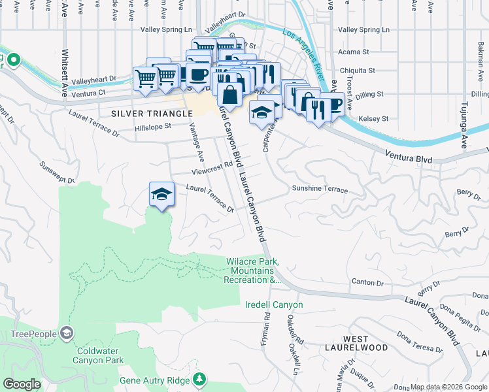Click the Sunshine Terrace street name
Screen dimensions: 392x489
click(320, 189)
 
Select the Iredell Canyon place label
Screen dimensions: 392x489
click(274, 304)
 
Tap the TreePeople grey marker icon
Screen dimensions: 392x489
click(66, 334)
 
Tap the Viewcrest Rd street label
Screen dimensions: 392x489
click(212, 172)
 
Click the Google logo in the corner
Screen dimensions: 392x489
click(22, 384)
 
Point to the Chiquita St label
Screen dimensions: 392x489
click(356, 71)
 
